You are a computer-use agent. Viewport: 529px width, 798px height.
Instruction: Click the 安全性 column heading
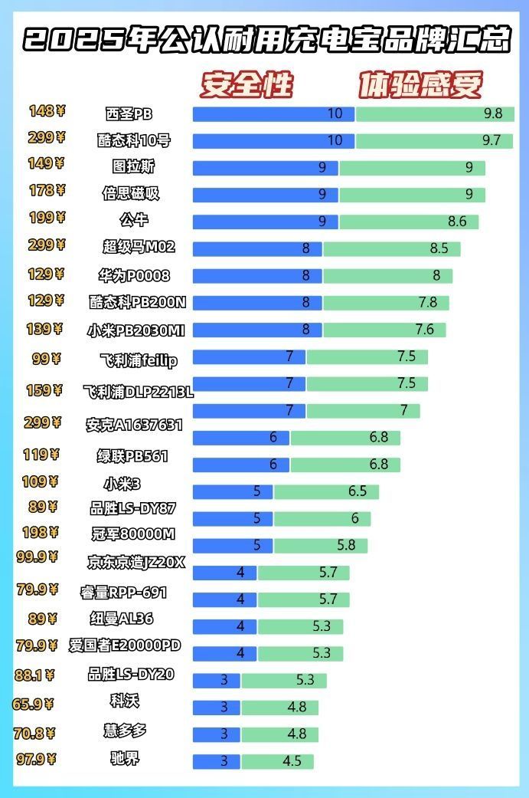tap(247, 84)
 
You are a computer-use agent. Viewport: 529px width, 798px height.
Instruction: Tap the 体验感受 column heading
tap(420, 84)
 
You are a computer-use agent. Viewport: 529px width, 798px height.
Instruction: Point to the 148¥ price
tap(47, 111)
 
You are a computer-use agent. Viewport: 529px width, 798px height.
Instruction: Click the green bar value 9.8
tap(493, 114)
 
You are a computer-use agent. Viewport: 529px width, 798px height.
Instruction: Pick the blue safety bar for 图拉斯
tap(266, 168)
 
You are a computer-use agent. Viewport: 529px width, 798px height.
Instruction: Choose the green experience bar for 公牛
tap(409, 222)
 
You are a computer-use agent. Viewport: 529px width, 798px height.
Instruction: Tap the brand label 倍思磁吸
tap(131, 193)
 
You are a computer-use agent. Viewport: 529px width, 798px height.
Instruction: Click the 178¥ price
tap(47, 190)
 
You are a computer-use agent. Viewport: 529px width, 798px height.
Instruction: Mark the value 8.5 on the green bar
tap(439, 248)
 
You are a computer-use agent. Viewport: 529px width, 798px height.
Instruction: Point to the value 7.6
tap(425, 330)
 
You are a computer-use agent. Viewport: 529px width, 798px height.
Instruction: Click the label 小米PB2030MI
tap(136, 330)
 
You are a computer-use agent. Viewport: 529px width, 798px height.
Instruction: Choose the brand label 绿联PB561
tap(132, 457)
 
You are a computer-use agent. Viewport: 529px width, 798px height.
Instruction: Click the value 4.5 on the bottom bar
tap(292, 761)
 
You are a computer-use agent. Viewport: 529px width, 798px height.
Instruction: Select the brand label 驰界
tap(126, 759)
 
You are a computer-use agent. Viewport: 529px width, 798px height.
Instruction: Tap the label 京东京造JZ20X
tap(136, 563)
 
